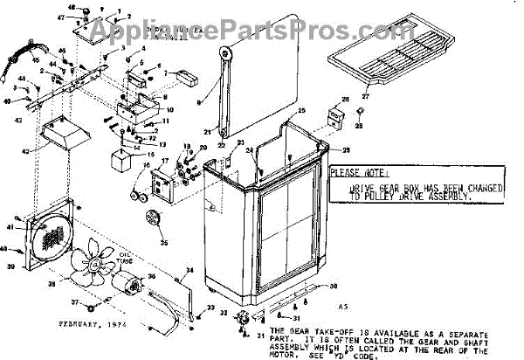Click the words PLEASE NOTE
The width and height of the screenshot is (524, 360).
click(x=358, y=173)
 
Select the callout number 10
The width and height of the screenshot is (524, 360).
click(x=169, y=110)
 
